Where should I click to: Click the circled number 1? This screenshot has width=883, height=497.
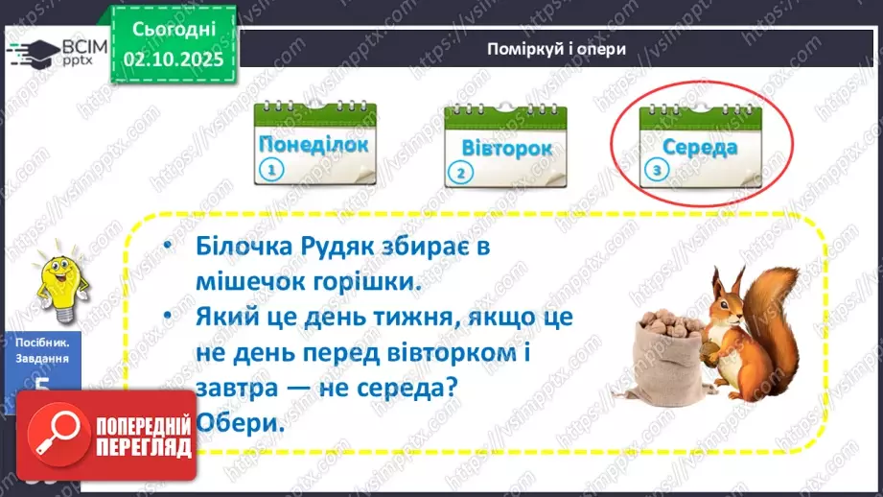[272, 173]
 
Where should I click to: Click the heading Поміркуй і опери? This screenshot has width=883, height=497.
[556, 49]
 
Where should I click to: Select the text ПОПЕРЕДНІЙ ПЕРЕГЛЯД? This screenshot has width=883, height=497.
[145, 437]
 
